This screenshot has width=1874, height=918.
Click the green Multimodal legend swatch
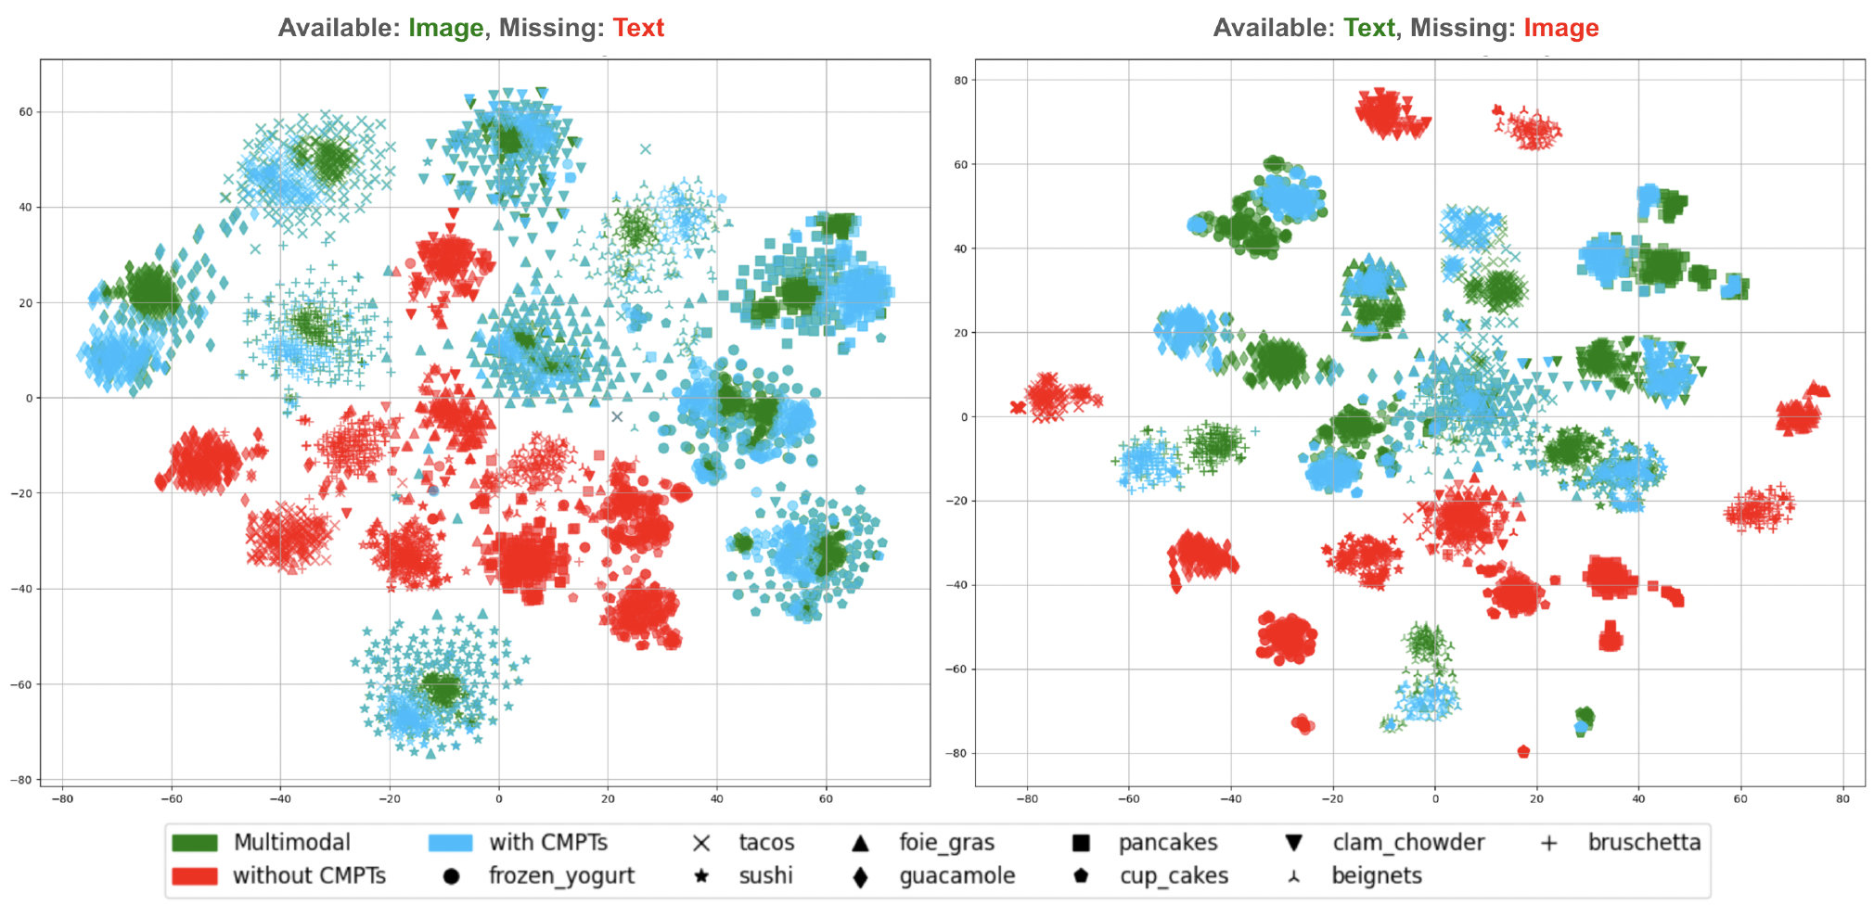click(194, 842)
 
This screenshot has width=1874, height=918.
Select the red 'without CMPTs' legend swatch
click(194, 876)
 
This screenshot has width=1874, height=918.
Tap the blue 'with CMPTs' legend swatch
click(450, 842)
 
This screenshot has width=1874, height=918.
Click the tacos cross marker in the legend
click(701, 843)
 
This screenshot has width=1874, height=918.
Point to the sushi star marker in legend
click(701, 876)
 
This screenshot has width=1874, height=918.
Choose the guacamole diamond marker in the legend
click(860, 876)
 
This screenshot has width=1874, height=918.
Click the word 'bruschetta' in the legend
click(1644, 842)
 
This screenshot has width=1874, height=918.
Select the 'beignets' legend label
click(1376, 876)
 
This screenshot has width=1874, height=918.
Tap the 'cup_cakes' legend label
click(1174, 876)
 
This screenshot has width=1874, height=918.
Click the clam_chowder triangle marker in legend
click(1294, 843)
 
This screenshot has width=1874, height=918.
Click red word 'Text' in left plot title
click(638, 28)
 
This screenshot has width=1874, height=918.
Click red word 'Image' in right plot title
click(1561, 28)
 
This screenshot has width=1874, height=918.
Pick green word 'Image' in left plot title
click(446, 28)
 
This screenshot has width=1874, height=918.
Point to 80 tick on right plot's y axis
click(961, 81)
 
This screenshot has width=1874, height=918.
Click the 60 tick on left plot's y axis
click(26, 112)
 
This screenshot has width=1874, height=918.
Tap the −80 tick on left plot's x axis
click(61, 798)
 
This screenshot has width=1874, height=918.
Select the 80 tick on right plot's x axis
click(1842, 798)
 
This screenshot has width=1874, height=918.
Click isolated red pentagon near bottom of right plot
click(1523, 751)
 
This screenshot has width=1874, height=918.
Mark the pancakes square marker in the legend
click(1081, 843)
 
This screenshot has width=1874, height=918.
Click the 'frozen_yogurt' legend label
click(561, 876)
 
